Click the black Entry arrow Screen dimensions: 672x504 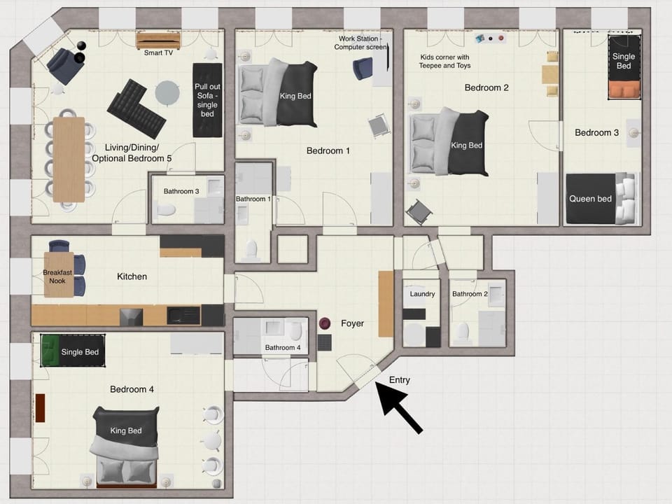pos(399,407)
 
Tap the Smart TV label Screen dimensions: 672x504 pos(158,52)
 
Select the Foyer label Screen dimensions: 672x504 pos(352,323)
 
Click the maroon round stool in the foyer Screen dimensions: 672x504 pos(325,323)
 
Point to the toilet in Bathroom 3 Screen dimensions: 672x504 pos(166,209)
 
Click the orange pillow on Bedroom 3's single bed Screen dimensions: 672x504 pos(624,90)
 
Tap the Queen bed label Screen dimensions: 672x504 pos(590,198)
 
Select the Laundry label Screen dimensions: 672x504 pos(422,294)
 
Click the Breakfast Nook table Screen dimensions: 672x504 pos(59,274)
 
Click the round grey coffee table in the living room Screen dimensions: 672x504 pos(167,92)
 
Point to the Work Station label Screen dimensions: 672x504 pos(360,43)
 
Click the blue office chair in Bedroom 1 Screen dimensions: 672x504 pos(363,69)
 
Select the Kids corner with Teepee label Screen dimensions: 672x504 pos(444,62)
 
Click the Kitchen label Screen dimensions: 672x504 pos(132,276)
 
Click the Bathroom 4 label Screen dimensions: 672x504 pos(282,348)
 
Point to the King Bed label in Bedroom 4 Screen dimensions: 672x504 pos(125,430)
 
